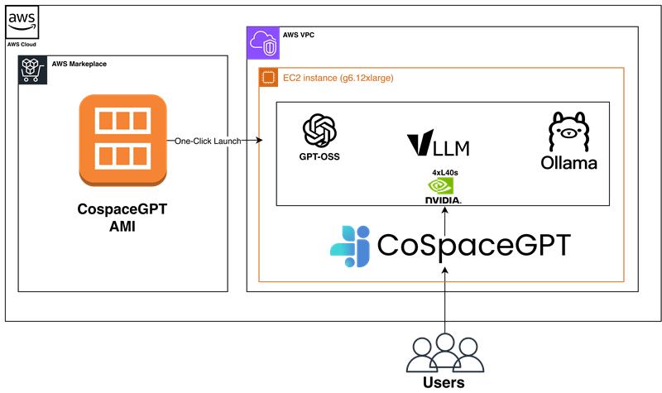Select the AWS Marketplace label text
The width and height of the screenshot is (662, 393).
(x=79, y=64)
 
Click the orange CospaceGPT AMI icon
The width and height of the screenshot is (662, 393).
(x=123, y=140)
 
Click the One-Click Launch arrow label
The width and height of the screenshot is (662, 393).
(x=208, y=141)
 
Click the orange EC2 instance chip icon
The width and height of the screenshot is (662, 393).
(x=267, y=79)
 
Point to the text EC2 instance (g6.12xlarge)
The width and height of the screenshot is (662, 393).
(x=338, y=79)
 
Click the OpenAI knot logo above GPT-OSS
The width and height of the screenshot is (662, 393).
(x=319, y=131)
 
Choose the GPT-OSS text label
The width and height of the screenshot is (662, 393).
(x=319, y=156)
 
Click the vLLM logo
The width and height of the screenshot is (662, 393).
(x=439, y=145)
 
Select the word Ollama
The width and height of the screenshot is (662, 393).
(x=569, y=163)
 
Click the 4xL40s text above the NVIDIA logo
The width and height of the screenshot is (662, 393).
(x=445, y=172)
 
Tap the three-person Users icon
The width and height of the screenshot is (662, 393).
(x=444, y=352)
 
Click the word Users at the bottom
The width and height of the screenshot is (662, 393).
(x=444, y=382)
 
